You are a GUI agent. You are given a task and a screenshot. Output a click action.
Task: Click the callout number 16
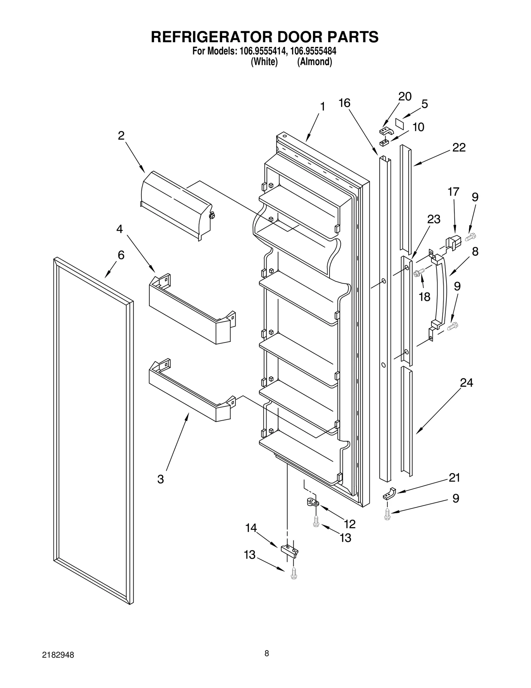pos(344,103)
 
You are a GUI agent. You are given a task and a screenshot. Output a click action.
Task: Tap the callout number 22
pos(459,147)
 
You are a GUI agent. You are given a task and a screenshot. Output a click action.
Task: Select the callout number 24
pos(466,383)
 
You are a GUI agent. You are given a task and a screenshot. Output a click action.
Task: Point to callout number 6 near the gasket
pos(121,255)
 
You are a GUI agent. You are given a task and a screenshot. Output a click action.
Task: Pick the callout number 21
pos(454,478)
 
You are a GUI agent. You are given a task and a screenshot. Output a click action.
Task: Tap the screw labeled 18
pos(419,273)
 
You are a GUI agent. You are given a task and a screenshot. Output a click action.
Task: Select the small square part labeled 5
pos(400,124)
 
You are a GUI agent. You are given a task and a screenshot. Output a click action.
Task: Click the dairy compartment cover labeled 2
pos(176,206)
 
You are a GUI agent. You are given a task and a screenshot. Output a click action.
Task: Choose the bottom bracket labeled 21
pos(390,494)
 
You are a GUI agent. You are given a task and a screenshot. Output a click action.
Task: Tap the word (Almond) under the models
pos(314,62)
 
